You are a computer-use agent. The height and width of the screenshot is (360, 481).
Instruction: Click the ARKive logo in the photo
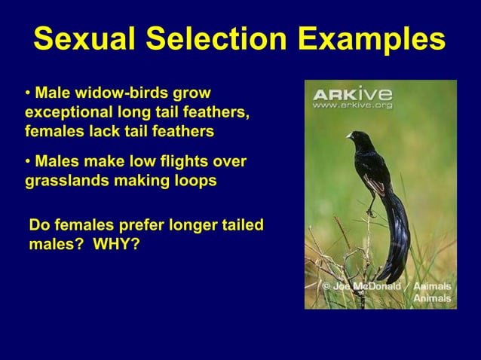click(352, 95)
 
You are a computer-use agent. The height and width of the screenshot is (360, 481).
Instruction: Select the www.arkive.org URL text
click(352, 106)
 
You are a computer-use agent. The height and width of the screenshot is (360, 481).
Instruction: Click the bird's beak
click(348, 136)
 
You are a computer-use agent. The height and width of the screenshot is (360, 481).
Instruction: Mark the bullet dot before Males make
click(29, 163)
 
